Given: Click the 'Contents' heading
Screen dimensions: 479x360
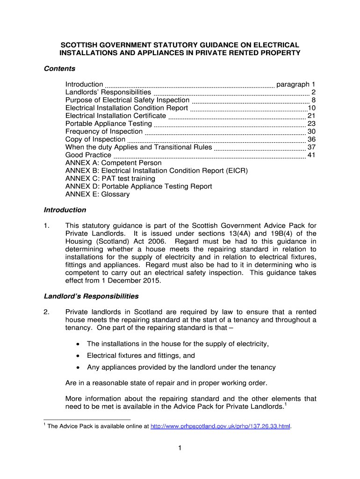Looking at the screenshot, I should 59,69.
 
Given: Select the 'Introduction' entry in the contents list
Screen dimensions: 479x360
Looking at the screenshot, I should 84,84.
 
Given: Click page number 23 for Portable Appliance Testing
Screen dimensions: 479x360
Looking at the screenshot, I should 312,123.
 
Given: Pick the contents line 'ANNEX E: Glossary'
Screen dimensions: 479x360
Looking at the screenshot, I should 97,194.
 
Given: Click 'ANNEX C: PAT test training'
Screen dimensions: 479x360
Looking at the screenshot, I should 110,178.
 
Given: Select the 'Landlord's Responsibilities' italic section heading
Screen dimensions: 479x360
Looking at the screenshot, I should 91,296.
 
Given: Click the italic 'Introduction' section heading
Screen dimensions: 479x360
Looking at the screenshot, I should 65,210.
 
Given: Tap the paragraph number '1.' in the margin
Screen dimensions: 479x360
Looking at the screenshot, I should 47,225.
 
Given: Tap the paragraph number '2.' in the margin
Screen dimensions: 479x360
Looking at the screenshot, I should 47,312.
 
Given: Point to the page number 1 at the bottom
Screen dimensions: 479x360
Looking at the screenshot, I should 180,449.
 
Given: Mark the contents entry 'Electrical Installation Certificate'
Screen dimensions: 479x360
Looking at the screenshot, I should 115,116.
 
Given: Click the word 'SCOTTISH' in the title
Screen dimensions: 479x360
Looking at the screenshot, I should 79,45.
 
